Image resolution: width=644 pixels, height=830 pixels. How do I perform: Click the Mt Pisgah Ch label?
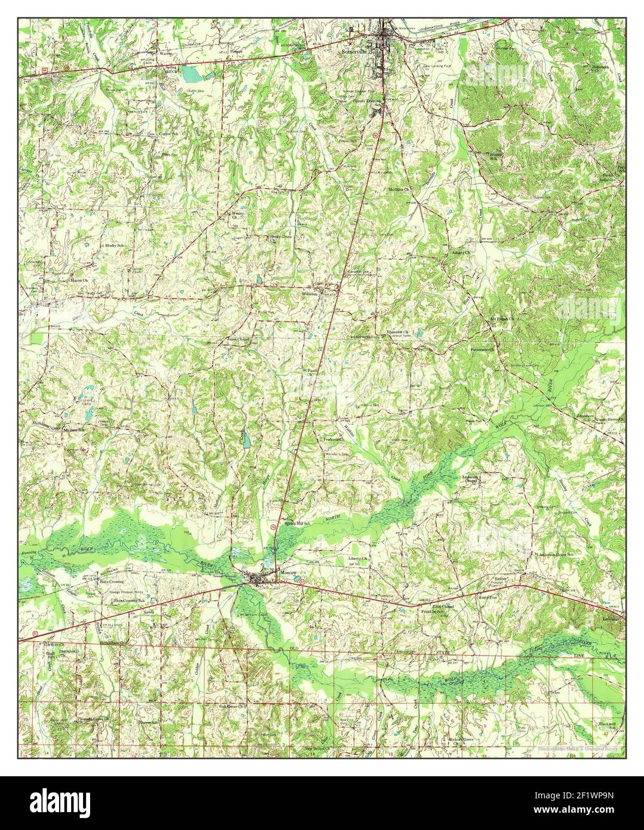pyautogui.click(x=502, y=319)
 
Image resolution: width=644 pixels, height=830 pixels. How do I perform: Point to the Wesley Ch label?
pyautogui.click(x=238, y=214)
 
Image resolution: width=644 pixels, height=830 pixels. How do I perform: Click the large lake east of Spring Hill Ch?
pyautogui.click(x=192, y=74)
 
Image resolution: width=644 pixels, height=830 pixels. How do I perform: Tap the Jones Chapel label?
pyautogui.click(x=237, y=339)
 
